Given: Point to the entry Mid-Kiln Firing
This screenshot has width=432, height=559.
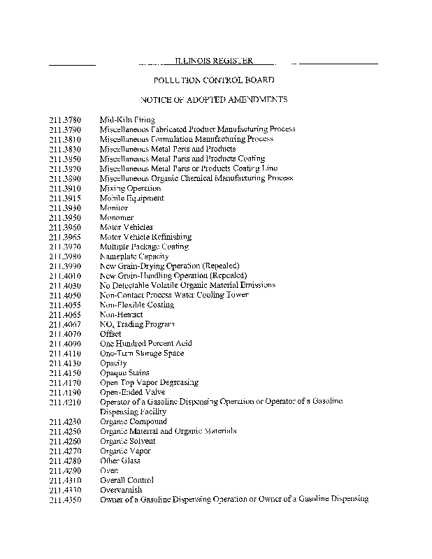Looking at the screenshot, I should [x=127, y=119].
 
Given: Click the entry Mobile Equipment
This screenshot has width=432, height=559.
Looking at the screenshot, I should [x=132, y=198].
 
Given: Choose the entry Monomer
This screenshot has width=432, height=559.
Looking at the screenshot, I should [x=117, y=217].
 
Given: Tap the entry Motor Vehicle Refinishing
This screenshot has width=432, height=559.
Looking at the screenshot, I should [x=145, y=237].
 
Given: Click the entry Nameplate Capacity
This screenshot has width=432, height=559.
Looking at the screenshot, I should [x=134, y=256].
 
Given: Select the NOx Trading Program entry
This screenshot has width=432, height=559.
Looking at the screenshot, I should [x=137, y=324].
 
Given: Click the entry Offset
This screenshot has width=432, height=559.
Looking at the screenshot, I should [x=111, y=334].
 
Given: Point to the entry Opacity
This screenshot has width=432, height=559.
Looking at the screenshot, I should [x=113, y=363].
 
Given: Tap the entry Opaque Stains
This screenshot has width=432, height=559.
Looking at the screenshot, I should [x=124, y=373].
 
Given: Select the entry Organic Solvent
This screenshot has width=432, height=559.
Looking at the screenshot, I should [x=128, y=442].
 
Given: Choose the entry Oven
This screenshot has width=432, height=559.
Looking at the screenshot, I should [x=110, y=471].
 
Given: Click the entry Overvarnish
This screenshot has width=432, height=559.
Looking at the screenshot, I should [x=121, y=491].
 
